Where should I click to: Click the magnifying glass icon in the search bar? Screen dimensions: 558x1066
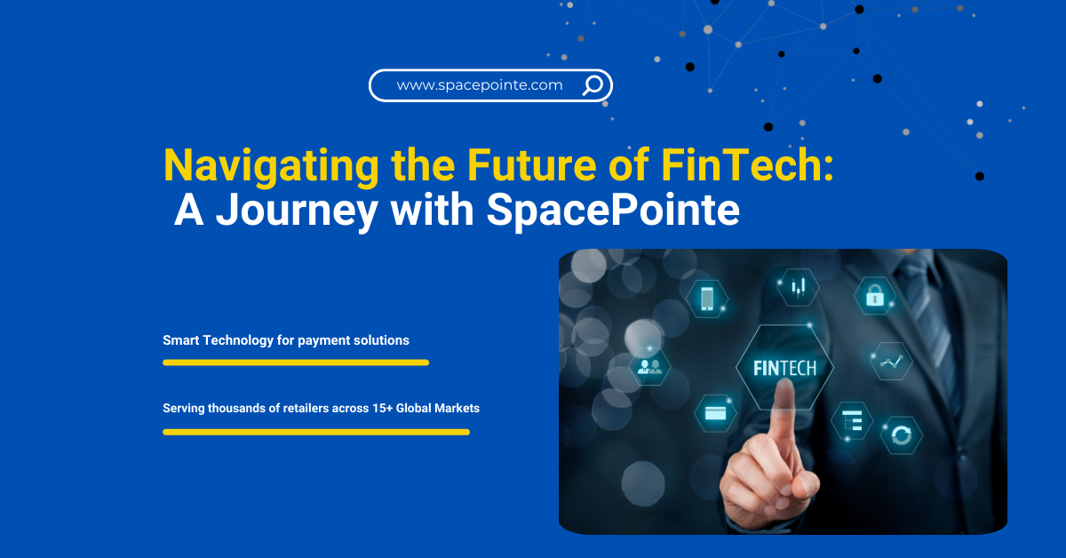[x=593, y=85]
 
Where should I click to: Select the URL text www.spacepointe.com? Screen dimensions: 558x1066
[x=480, y=85]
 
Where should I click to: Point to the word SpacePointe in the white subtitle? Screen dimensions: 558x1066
[x=612, y=210]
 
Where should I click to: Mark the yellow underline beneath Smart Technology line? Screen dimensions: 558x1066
[x=295, y=363]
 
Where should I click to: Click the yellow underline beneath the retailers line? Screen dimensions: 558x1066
[x=315, y=432]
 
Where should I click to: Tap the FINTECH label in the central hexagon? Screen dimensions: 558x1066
[x=784, y=368]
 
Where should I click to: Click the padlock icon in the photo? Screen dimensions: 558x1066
[x=875, y=295]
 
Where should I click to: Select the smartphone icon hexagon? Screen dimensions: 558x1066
[x=708, y=298]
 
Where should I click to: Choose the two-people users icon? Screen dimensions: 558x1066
[x=650, y=366]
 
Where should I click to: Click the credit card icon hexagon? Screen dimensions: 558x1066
[x=715, y=413]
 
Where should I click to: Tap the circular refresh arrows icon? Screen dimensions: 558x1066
[x=902, y=435]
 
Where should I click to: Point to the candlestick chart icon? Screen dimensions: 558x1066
[x=798, y=286]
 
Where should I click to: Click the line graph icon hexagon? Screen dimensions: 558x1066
[x=891, y=362]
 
